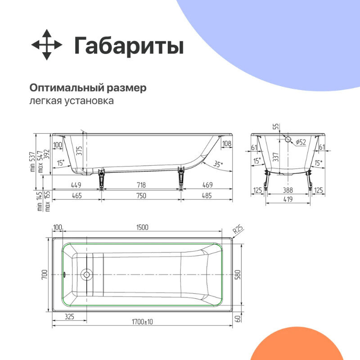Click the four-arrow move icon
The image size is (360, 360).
pyautogui.click(x=47, y=45)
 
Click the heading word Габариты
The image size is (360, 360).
pyautogui.click(x=129, y=46)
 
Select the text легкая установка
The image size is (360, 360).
pyautogui.click(x=72, y=101)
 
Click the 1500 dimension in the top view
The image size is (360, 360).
pyautogui.click(x=142, y=228)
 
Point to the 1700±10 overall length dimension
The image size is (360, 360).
pyautogui.click(x=142, y=322)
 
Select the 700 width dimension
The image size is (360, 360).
pyautogui.click(x=45, y=274)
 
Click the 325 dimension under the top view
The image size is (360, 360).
pyautogui.click(x=69, y=317)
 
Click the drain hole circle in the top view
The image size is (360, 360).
pyautogui.click(x=86, y=274)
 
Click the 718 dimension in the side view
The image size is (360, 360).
pyautogui.click(x=141, y=185)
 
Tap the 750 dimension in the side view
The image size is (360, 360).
pyautogui.click(x=141, y=195)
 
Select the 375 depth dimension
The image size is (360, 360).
pyautogui.click(x=80, y=151)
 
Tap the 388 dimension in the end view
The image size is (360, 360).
pyautogui.click(x=288, y=190)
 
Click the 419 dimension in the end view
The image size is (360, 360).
pyautogui.click(x=288, y=198)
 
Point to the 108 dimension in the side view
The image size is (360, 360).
pyautogui.click(x=227, y=144)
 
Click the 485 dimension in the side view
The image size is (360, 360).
pyautogui.click(x=207, y=195)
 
